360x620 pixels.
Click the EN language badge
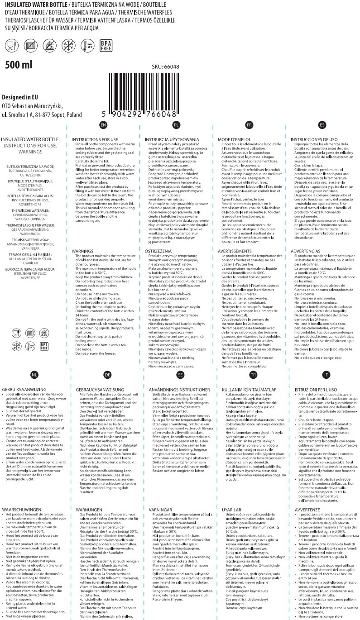(104, 124)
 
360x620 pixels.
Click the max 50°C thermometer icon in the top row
(87, 45)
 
